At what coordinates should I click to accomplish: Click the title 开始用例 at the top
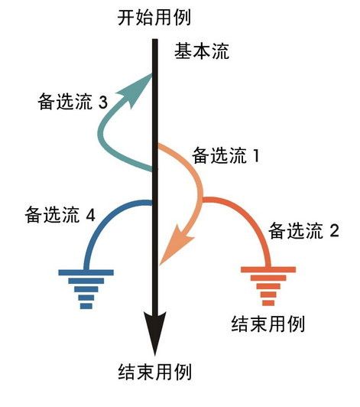tap(154, 18)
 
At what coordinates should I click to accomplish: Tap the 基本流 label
tap(202, 51)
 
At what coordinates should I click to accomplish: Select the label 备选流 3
tap(73, 102)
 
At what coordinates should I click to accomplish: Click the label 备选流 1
tap(226, 156)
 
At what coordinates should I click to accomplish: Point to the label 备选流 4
tap(60, 215)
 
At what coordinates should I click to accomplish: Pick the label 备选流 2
tap(303, 231)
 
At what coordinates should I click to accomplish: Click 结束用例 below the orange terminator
tap(268, 324)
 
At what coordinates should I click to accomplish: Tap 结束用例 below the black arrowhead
tap(155, 372)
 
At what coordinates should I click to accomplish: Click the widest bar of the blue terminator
tap(86, 272)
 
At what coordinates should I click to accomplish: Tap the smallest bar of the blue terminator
tap(86, 306)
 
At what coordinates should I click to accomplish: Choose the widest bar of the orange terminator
tap(268, 269)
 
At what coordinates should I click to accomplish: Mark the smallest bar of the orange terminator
tap(268, 303)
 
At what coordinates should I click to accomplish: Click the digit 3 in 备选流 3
tap(103, 102)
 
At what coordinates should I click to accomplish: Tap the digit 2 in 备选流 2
tap(335, 231)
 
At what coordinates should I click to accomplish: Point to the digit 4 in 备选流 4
tap(91, 215)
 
